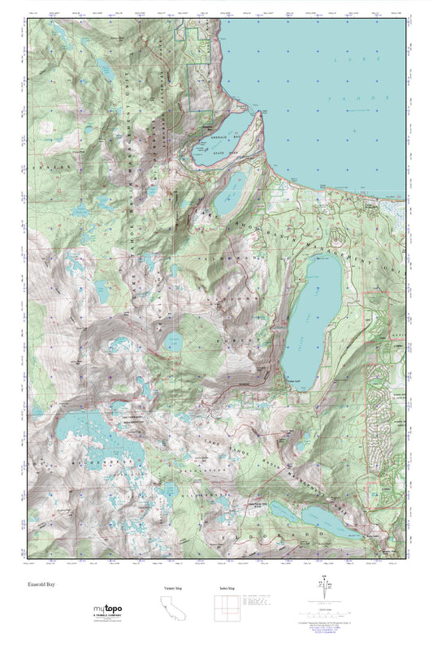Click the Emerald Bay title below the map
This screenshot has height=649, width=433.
(42, 583)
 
